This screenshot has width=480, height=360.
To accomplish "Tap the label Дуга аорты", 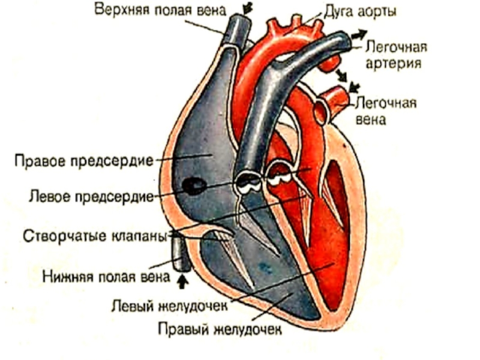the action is (x=360, y=11).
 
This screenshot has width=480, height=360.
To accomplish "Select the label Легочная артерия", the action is (x=392, y=54).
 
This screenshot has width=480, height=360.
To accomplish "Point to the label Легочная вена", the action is (x=386, y=110).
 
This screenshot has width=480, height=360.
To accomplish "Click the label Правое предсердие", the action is (x=84, y=161).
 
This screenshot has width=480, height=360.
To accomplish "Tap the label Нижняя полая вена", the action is (x=104, y=276).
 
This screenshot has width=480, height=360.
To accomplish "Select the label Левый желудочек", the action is (x=170, y=305).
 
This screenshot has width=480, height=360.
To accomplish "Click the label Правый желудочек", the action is (x=220, y=329).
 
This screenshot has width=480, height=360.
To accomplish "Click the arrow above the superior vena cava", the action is (x=247, y=7).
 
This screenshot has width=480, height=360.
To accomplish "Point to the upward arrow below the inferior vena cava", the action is (x=183, y=279).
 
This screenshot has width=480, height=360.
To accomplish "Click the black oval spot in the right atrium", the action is (x=193, y=186).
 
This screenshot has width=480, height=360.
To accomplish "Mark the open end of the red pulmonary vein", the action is (x=322, y=109).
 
